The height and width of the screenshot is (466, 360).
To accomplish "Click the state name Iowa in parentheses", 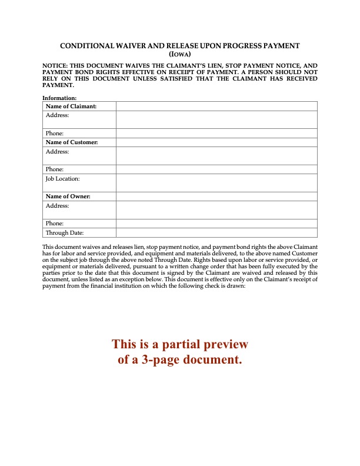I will coord(180,53).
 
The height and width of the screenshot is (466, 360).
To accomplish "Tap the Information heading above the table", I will coord(59,98).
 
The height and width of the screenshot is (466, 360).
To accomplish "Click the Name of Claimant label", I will coord(71,106).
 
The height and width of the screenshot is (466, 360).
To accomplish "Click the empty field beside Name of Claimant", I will coord(216,106).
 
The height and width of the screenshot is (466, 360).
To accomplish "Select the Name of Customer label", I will coord(72,142).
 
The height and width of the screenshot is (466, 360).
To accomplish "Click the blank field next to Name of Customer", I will coord(216,142).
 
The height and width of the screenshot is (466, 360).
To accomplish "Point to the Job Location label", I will coord(62,178).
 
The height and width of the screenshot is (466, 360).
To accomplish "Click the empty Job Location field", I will coord(216,182).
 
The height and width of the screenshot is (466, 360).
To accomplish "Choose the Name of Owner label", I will coord(68,196).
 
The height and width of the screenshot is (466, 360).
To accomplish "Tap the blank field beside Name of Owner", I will coord(216,196).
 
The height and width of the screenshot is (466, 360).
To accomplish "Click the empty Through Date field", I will coord(216,232).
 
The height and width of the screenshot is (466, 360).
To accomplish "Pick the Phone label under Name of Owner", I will coord(55,224).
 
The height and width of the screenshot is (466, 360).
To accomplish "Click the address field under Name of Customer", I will coord(216,155).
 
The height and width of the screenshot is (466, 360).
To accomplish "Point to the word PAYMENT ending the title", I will coord(279,46).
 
